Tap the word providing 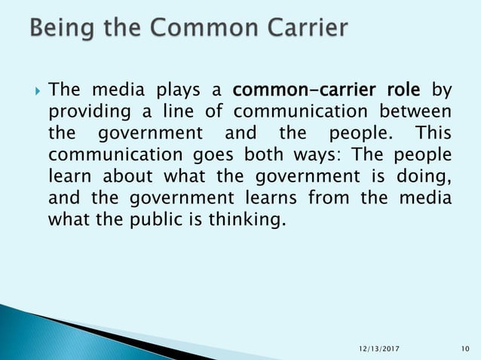pos(84,113)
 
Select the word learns pos(272,199)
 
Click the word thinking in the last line pos(249,221)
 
